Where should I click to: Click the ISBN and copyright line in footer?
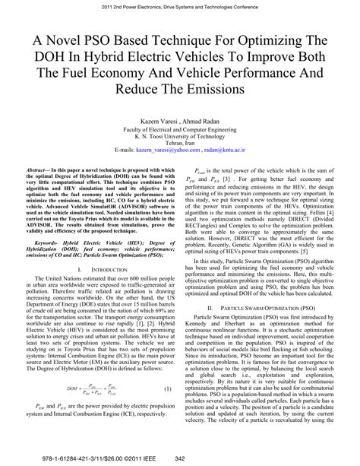click(x=82, y=458)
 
